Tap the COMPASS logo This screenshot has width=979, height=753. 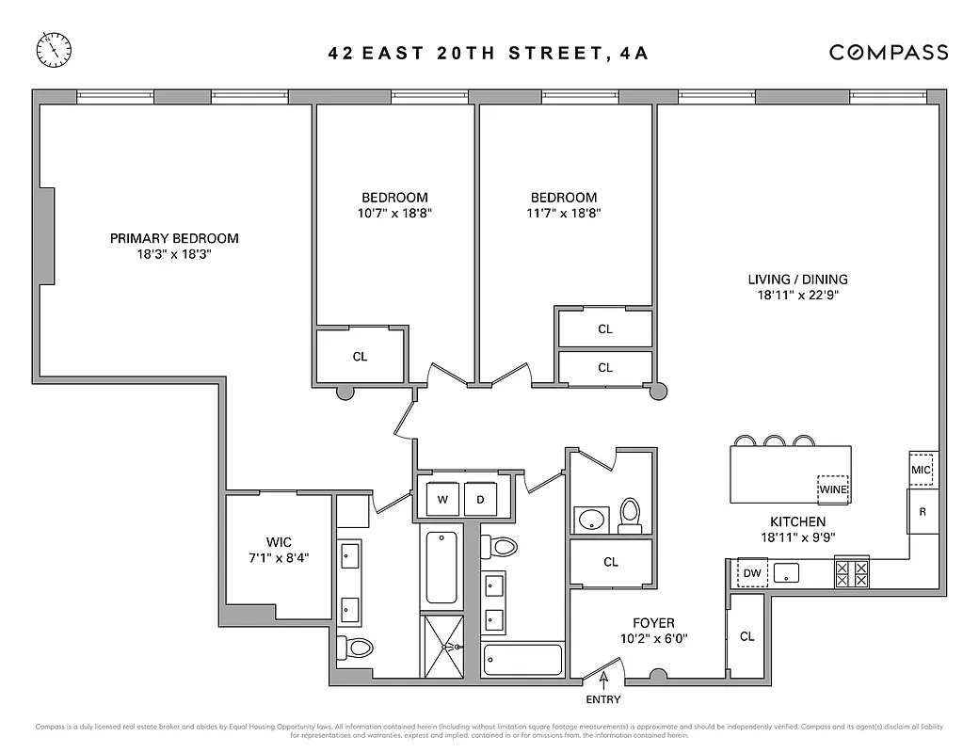[888, 53]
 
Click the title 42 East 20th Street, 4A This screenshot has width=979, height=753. [489, 53]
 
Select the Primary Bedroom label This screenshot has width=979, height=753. [174, 239]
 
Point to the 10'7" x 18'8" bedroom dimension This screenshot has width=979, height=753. [395, 214]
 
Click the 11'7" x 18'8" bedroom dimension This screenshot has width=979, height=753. [564, 214]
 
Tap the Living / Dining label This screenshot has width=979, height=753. [797, 280]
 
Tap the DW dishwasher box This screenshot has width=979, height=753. [752, 572]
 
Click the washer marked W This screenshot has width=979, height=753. [442, 499]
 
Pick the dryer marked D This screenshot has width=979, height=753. [480, 499]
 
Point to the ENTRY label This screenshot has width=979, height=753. [603, 699]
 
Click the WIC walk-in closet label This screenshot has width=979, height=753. [279, 542]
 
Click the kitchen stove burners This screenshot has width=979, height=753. [852, 573]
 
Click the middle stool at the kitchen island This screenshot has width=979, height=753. [776, 441]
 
